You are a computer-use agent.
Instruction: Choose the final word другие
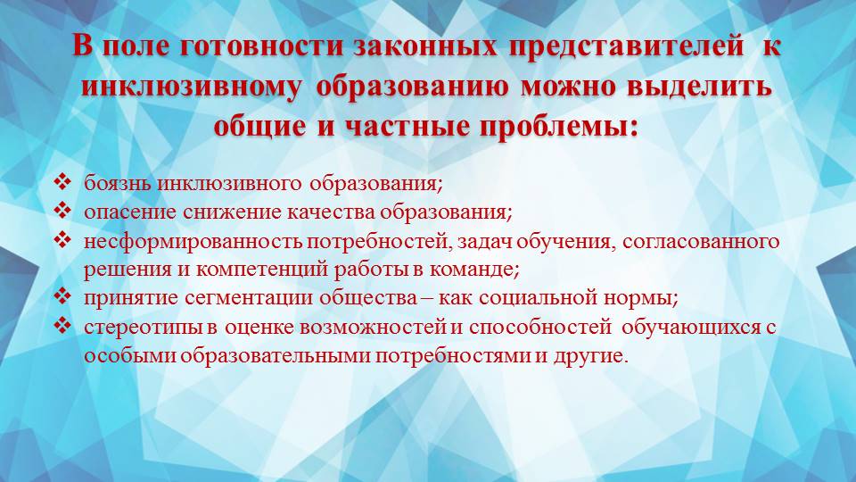597,355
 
